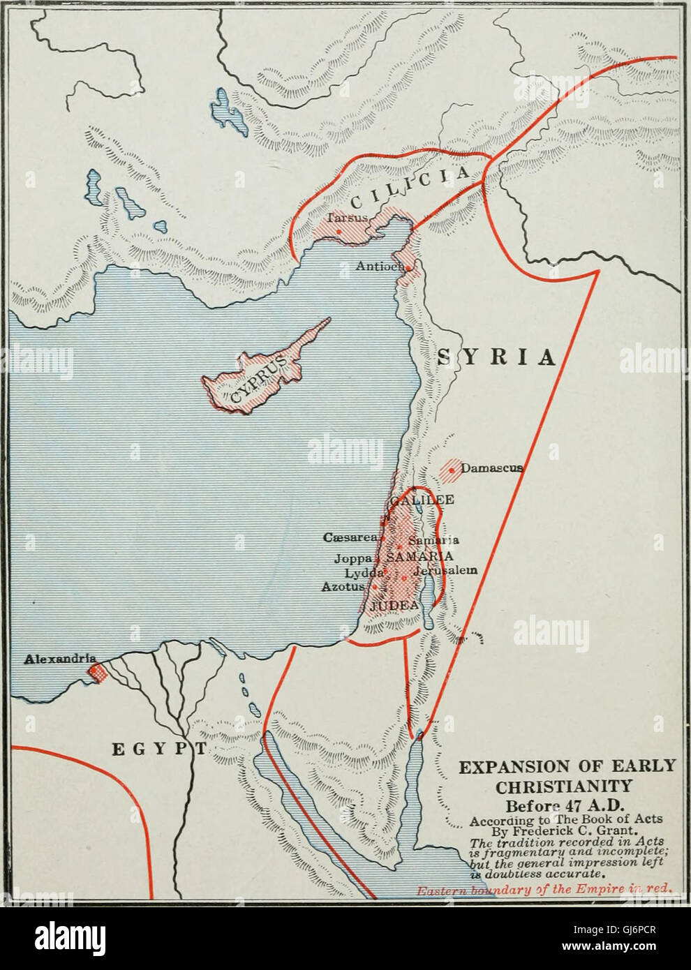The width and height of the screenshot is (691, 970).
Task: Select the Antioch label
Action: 382,266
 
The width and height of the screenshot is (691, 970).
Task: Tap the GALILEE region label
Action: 422,500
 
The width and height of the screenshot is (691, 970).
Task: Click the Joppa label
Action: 353,557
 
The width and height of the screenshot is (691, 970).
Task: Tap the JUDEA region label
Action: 396,605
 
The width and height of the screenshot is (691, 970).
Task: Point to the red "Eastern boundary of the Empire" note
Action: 544,890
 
